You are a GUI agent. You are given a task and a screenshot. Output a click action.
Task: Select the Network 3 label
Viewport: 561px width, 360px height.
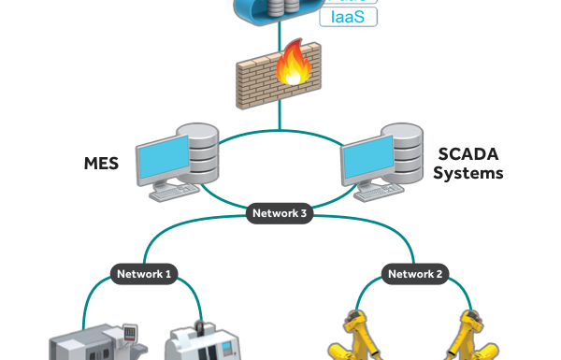point(280,213)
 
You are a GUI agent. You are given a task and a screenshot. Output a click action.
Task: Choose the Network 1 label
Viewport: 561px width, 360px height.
point(144,274)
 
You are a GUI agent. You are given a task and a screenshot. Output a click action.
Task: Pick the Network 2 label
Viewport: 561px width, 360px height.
point(416,274)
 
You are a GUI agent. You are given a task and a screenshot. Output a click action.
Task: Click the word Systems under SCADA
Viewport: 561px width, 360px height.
point(467,173)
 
